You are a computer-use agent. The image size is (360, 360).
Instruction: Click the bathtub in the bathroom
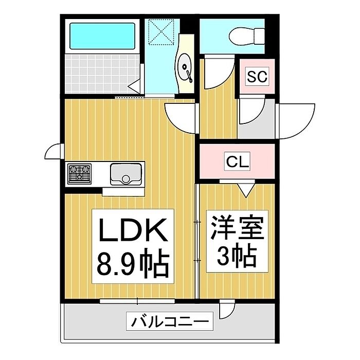tap(102, 36)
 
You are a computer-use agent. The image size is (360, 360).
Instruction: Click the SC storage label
tap(257, 76)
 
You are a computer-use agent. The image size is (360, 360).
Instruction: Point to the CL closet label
tap(238, 161)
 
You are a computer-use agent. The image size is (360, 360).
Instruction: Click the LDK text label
tap(133, 229)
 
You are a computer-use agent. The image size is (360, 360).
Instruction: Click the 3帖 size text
tap(237, 257)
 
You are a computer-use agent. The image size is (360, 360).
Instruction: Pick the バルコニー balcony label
tap(170, 321)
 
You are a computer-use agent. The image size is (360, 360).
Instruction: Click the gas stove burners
tap(79, 173)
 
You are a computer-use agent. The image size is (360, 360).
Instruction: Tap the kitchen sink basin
tap(126, 174)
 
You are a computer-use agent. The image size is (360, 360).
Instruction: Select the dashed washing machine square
tap(161, 31)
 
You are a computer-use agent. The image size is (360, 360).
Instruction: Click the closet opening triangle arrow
tap(246, 190)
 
